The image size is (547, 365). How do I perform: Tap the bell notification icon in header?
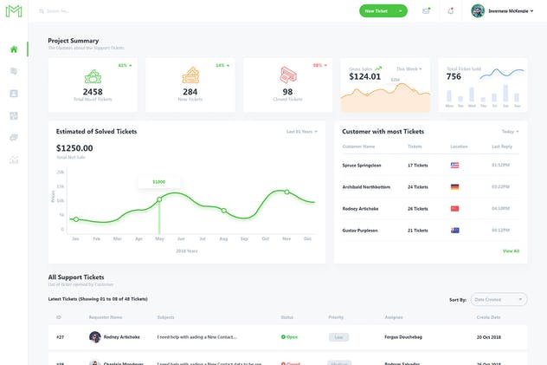[x=450, y=11]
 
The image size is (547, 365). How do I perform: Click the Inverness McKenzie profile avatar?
[x=478, y=11]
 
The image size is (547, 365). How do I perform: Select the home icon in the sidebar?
[x=14, y=49]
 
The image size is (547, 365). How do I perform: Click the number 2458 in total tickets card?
[x=93, y=92]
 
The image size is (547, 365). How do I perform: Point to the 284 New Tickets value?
[x=190, y=92]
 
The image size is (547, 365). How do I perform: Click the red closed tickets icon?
[x=287, y=75]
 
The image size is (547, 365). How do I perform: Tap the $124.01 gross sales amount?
[x=364, y=76]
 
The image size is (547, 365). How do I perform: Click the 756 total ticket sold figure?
[x=454, y=76]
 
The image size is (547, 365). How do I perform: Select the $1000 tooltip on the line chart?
[x=159, y=182]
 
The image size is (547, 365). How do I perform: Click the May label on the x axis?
[x=159, y=238]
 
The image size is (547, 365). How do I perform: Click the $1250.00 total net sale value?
[x=74, y=148]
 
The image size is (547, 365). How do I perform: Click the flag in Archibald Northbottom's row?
[x=455, y=186]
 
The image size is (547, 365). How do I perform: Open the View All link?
[x=511, y=251]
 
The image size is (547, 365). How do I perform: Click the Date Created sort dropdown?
[x=499, y=299]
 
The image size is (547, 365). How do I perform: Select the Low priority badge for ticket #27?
[x=339, y=336]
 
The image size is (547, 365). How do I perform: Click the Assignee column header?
[x=394, y=317]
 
